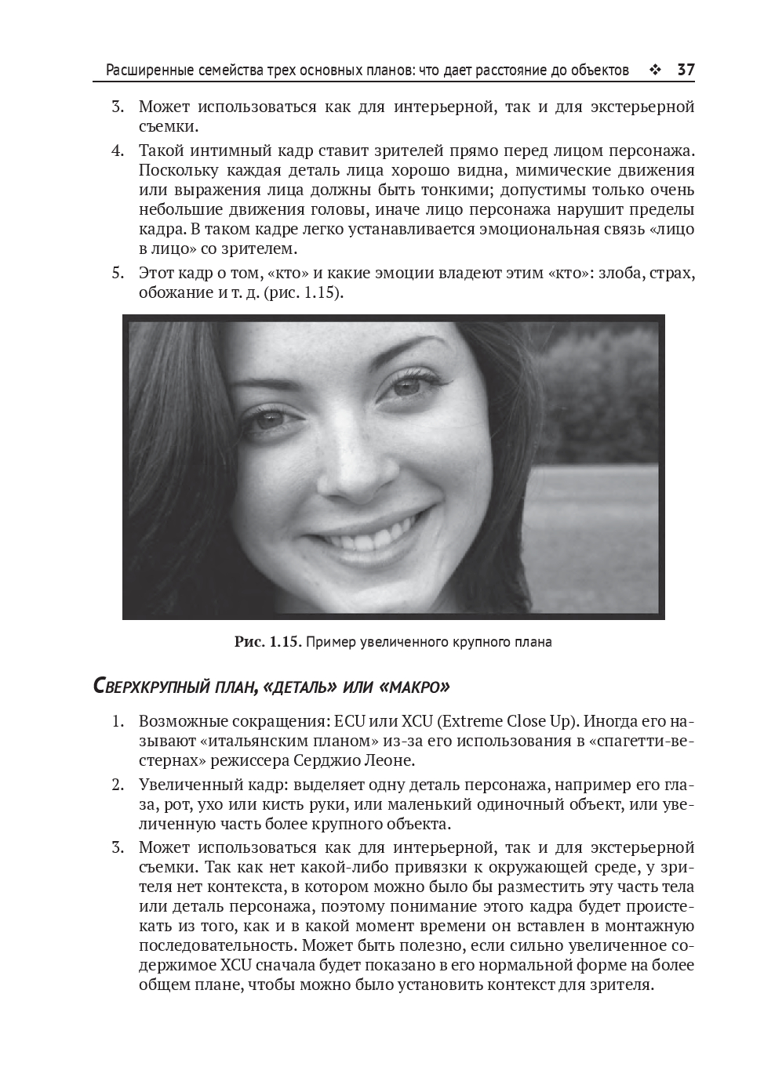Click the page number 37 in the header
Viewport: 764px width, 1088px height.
point(686,71)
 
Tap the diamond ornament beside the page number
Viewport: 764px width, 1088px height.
point(656,71)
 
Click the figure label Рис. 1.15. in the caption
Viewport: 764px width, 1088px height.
point(267,642)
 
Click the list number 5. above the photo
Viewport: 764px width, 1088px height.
point(117,274)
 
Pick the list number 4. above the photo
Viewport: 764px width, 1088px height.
point(117,151)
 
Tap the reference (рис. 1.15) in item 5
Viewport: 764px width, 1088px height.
point(303,293)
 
